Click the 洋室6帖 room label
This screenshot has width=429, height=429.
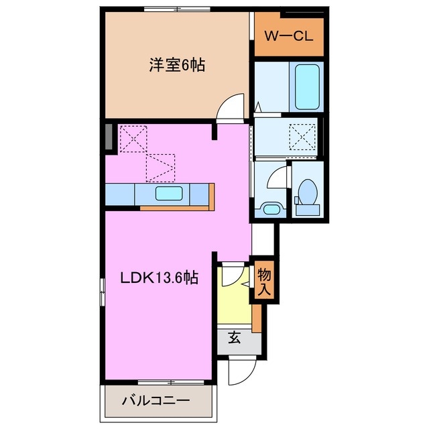(x=176, y=66)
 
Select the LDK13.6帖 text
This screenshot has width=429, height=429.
(x=159, y=278)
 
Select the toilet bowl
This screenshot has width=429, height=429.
(x=308, y=195)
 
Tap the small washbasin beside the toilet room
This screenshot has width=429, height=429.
(x=271, y=208)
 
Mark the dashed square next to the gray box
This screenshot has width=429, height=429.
(x=133, y=139)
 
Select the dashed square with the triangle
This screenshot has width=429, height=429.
(x=161, y=167)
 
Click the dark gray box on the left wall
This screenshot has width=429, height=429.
(x=109, y=137)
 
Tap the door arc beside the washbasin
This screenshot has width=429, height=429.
(x=274, y=178)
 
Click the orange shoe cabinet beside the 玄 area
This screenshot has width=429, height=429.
(x=256, y=317)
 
